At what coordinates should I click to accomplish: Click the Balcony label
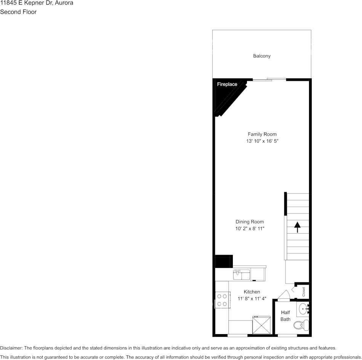(262, 56)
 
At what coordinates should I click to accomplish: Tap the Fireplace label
(227, 84)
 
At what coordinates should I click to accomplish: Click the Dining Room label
(250, 222)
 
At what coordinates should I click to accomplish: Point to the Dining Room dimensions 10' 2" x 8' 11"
(250, 229)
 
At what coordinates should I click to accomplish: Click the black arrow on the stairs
(297, 227)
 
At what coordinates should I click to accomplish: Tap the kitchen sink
(242, 274)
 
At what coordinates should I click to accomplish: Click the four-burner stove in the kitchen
(222, 300)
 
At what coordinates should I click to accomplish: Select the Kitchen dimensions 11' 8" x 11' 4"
(252, 299)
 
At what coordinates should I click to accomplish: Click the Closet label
(304, 292)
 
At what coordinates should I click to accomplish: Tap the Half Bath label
(285, 316)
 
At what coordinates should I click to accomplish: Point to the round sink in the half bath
(304, 308)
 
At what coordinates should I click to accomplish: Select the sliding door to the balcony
(269, 80)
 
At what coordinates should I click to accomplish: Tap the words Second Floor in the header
(18, 12)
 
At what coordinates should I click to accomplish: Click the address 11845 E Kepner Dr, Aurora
(37, 3)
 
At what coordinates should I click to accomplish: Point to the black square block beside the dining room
(224, 262)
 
